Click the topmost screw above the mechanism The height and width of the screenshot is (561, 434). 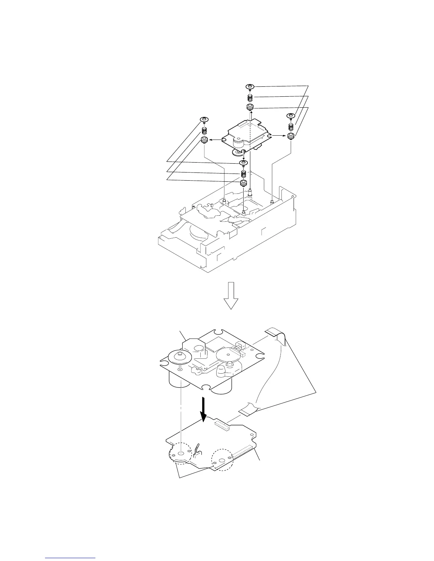250,87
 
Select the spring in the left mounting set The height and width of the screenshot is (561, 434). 205,130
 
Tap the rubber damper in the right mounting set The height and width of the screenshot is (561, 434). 291,136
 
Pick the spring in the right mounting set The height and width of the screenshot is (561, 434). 291,125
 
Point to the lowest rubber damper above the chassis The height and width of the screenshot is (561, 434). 243,183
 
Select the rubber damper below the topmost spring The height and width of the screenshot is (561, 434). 250,107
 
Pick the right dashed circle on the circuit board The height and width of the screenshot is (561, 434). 222,460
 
